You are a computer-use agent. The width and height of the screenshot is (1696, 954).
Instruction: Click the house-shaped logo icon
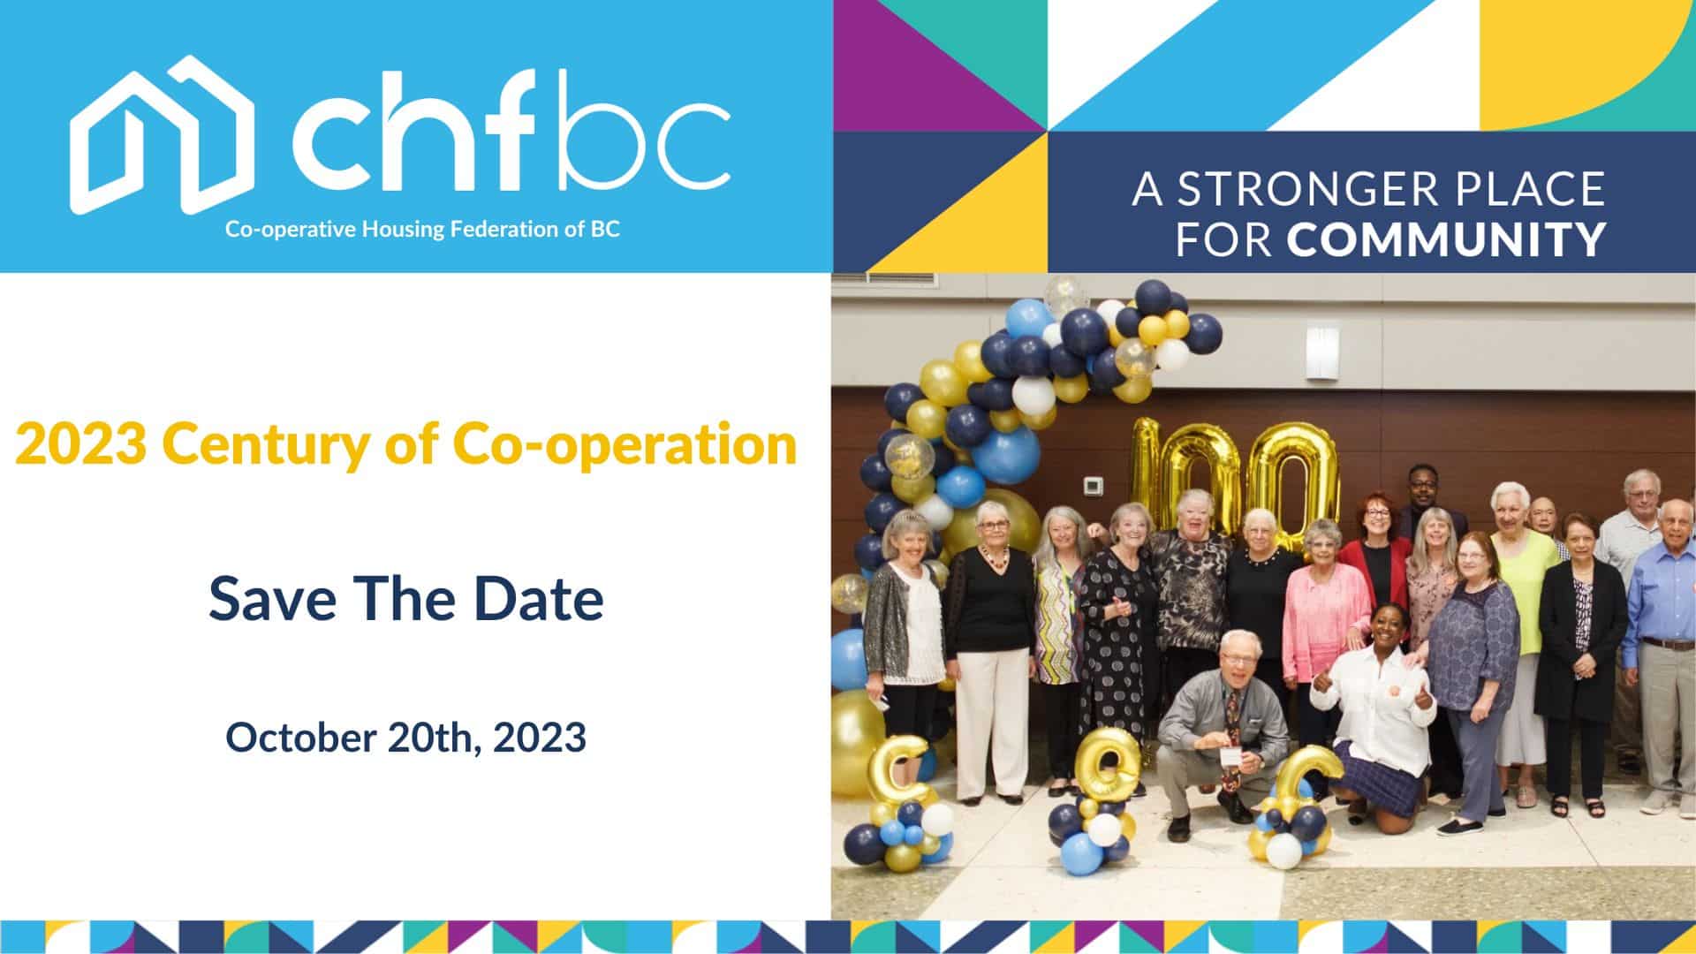pos(163,134)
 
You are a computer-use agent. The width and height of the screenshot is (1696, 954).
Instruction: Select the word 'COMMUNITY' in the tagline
pos(1446,238)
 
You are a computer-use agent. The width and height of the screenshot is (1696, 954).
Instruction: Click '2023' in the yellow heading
pos(80,444)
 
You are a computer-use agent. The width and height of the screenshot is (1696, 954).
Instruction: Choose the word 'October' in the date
pos(300,737)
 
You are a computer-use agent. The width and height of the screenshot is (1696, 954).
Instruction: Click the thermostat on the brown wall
pos(1094,485)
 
